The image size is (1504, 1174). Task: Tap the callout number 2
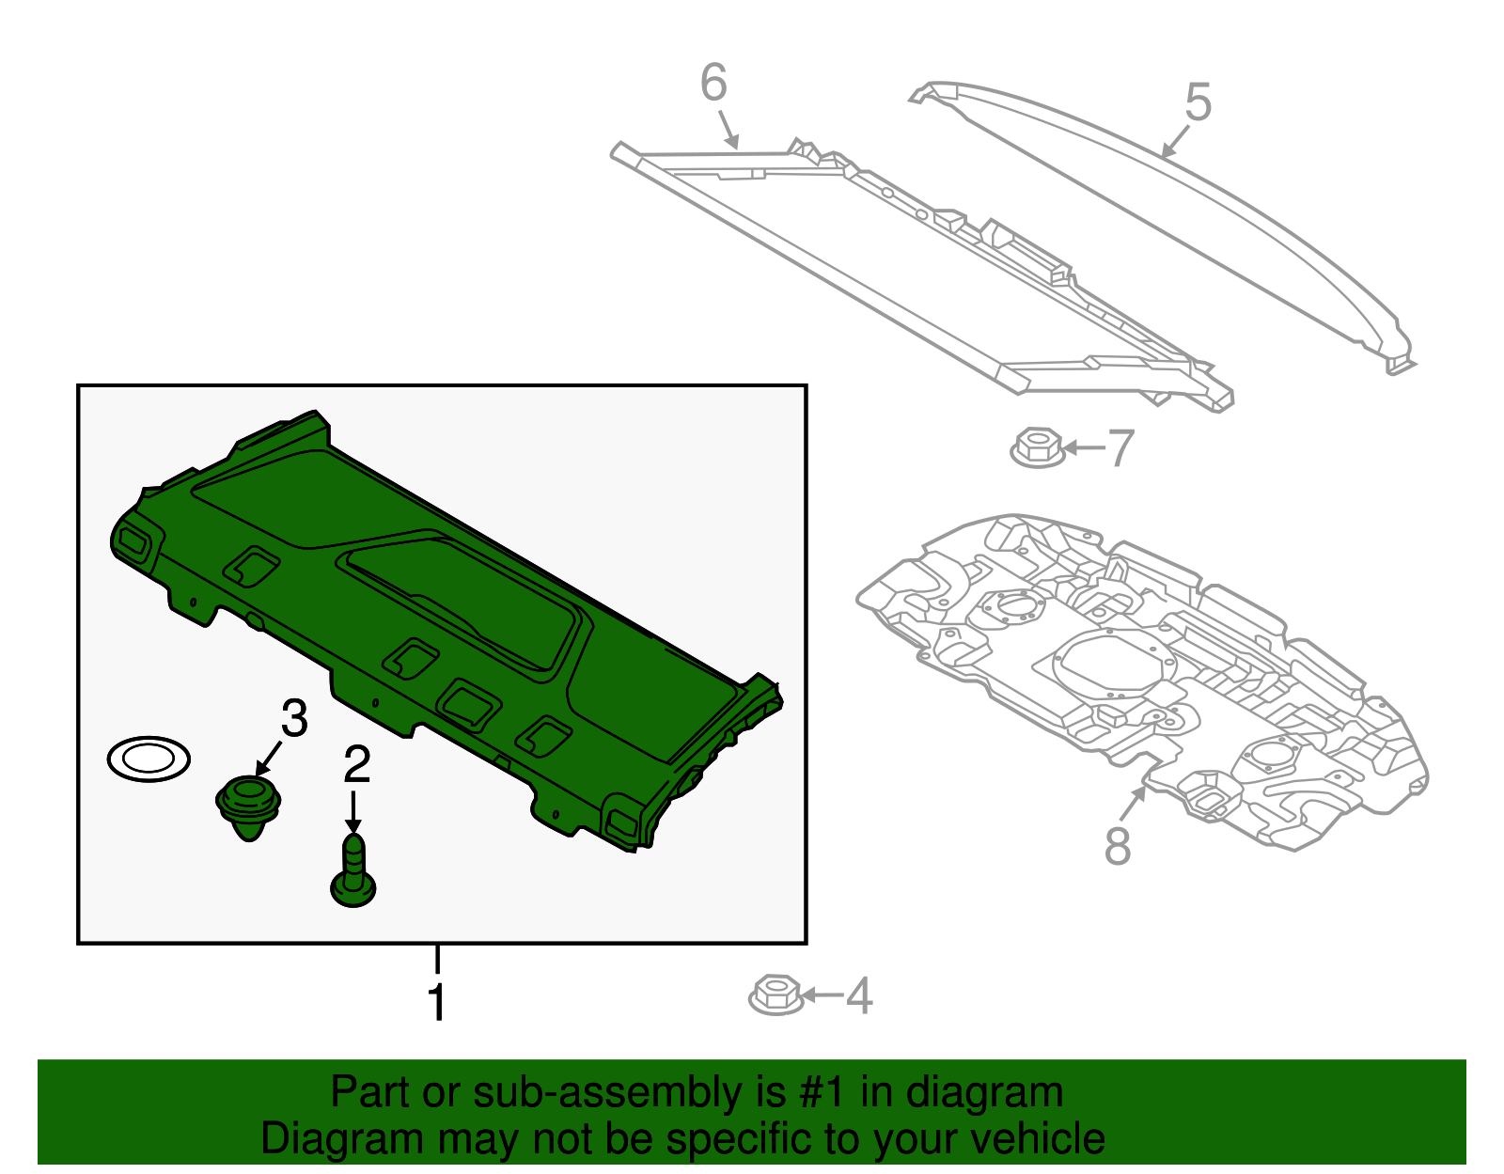click(x=356, y=765)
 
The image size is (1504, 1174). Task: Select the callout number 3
click(x=294, y=719)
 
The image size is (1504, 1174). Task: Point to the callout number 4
click(x=858, y=995)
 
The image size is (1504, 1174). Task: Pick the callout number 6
click(x=713, y=83)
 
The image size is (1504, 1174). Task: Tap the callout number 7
click(x=1120, y=448)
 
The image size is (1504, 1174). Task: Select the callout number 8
click(x=1117, y=846)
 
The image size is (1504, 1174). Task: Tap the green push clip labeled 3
click(x=249, y=806)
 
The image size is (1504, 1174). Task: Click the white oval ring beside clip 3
click(x=149, y=758)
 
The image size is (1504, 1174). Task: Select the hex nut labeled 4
click(x=775, y=994)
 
